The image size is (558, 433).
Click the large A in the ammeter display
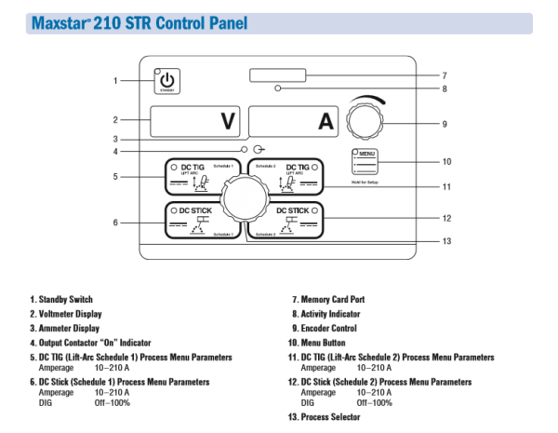(325, 120)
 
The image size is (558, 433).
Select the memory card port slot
(278, 74)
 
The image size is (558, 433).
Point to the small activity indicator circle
(278, 89)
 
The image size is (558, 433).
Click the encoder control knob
(364, 122)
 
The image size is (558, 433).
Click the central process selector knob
(244, 199)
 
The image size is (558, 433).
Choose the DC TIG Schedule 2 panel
(289, 177)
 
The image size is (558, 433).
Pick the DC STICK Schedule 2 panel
(289, 222)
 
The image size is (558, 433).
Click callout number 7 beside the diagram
(445, 75)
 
